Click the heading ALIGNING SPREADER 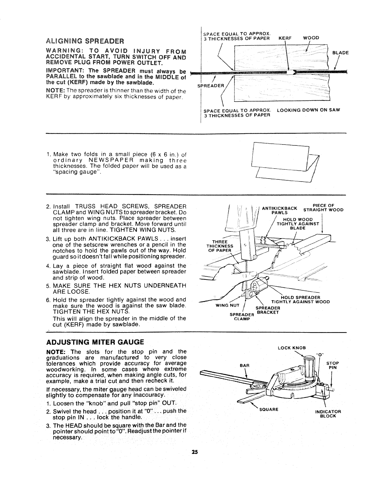[84, 41]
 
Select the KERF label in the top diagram [285, 38]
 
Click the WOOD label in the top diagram [311, 38]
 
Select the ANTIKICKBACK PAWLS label [279, 210]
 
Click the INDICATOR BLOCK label [328, 414]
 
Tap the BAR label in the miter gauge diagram [245, 365]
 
